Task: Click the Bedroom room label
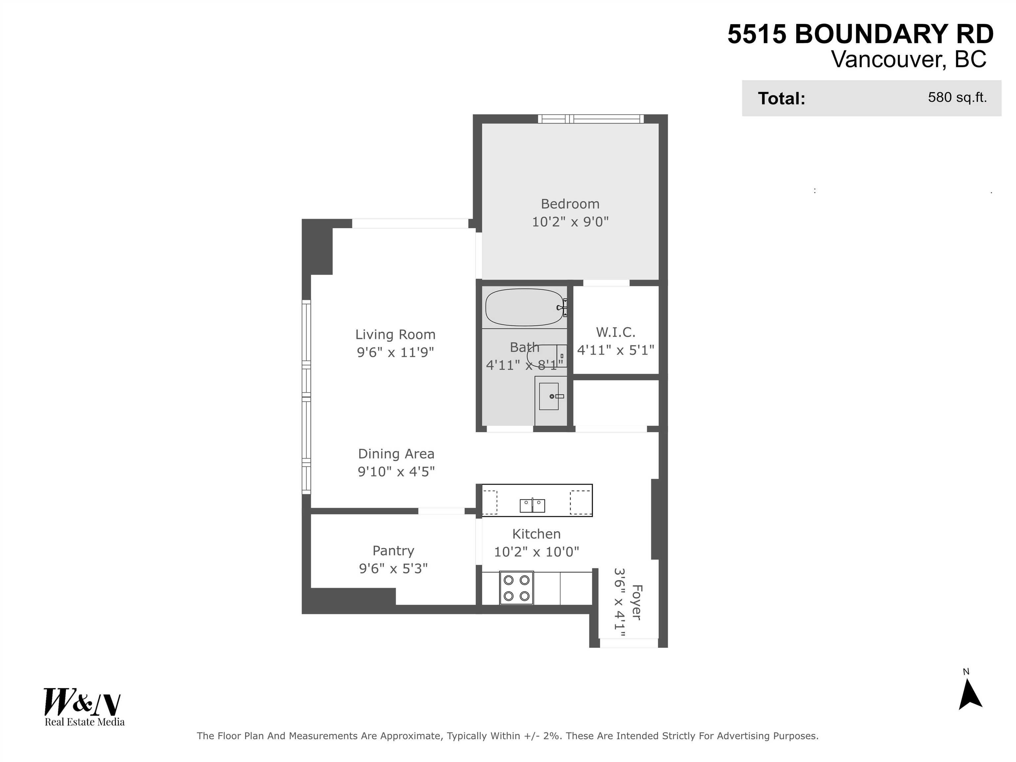pyautogui.click(x=570, y=204)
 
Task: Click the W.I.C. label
pyautogui.click(x=615, y=332)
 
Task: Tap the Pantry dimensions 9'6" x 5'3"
pyautogui.click(x=393, y=569)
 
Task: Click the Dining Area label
pyautogui.click(x=396, y=454)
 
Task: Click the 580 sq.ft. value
pyautogui.click(x=957, y=97)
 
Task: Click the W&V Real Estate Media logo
pyautogui.click(x=84, y=706)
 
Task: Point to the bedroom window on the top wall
pyautogui.click(x=590, y=119)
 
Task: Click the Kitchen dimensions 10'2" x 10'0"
pyautogui.click(x=536, y=552)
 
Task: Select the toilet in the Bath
pyautogui.click(x=544, y=355)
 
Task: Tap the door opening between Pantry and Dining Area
pyautogui.click(x=441, y=511)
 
